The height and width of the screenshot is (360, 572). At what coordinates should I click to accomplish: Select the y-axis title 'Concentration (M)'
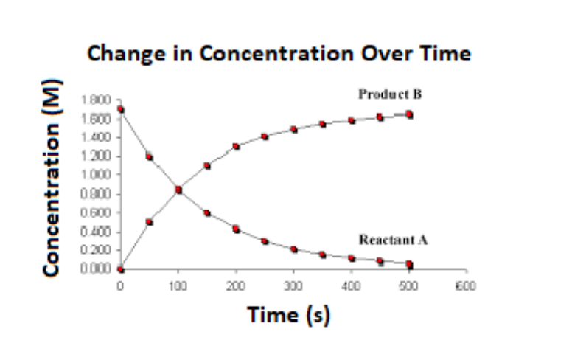coord(52,185)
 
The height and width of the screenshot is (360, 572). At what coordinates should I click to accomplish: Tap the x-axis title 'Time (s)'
coord(289,314)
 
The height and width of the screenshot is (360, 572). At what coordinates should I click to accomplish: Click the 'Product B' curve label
coord(390,94)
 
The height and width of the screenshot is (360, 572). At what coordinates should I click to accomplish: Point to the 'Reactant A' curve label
coord(393,239)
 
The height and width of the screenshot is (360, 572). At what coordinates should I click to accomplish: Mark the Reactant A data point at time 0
coord(121,110)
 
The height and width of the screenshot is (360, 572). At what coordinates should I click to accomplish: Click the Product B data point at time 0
coord(121,269)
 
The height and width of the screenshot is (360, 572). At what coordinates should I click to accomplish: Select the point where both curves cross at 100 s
coord(178,190)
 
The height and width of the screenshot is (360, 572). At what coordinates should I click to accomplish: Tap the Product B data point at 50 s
coord(150,221)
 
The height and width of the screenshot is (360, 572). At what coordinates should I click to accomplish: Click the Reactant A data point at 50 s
coord(150,156)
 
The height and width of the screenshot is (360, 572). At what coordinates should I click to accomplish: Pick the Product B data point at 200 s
coord(236,146)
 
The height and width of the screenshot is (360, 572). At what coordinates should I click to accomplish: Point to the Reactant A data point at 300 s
coord(293,249)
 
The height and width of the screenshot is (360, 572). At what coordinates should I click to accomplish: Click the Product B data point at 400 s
coord(352,120)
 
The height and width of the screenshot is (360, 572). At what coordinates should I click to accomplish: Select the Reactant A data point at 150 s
coord(207,213)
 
